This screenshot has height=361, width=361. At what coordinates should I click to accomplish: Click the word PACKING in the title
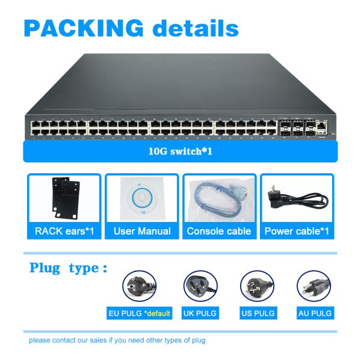tap(84, 28)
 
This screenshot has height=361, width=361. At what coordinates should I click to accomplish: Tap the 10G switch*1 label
tap(180, 152)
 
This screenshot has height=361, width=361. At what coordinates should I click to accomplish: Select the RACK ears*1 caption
tap(64, 231)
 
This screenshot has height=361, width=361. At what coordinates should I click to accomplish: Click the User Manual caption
tap(142, 231)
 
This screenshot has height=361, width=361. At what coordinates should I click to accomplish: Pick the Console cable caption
tap(219, 231)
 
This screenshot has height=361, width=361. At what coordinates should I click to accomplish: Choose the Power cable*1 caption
tap(297, 231)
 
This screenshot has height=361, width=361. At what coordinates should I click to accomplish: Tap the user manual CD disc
tap(142, 199)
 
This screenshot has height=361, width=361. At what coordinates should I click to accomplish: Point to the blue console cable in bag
tap(219, 199)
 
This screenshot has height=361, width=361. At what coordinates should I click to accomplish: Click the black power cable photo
tap(297, 199)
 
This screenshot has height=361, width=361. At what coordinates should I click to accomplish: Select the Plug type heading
tap(69, 268)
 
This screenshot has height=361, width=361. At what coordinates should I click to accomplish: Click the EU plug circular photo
tap(140, 286)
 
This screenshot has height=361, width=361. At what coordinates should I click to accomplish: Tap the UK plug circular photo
tap(201, 286)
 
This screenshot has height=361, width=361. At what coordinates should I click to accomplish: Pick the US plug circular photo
tap(257, 286)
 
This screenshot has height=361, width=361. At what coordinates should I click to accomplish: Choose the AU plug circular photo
tap(314, 286)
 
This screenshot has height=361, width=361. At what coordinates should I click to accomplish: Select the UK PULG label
tap(201, 313)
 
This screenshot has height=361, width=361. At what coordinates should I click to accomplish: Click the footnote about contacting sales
tap(117, 341)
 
